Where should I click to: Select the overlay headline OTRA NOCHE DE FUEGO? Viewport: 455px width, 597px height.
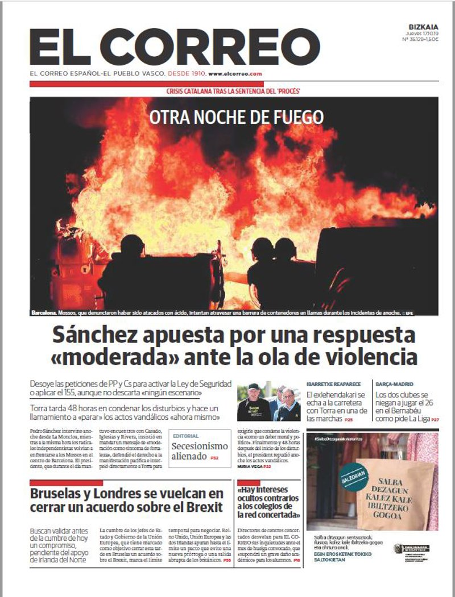(236, 117)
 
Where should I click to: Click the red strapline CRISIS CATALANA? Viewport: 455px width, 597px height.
(233, 91)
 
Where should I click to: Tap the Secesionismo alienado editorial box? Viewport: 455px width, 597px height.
(200, 448)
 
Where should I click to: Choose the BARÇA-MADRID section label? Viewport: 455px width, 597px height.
(394, 384)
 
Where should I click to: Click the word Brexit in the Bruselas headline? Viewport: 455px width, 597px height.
(203, 507)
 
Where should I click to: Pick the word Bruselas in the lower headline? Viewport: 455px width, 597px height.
(57, 492)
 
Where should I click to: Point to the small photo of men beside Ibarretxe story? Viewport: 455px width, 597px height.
(268, 401)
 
